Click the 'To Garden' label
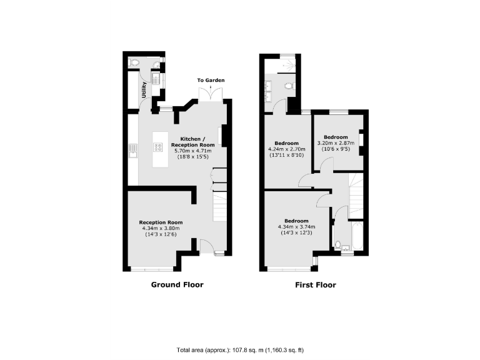(x=211, y=81)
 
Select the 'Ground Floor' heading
(x=177, y=285)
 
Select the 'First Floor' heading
(x=315, y=285)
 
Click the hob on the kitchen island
(x=156, y=148)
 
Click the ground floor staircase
(x=221, y=206)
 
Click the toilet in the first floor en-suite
(x=288, y=86)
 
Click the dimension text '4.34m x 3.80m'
(x=161, y=228)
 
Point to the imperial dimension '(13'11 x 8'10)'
(x=286, y=156)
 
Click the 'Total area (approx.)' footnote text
(x=240, y=349)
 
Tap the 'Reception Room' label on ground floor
(x=161, y=222)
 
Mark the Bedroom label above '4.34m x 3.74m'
(x=296, y=221)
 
